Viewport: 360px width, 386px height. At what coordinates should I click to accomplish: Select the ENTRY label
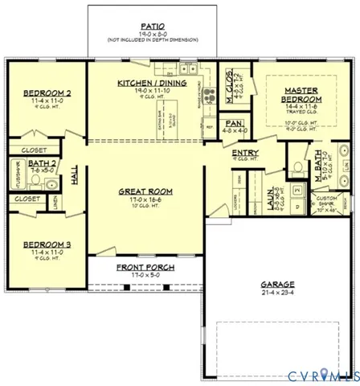click(243, 152)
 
